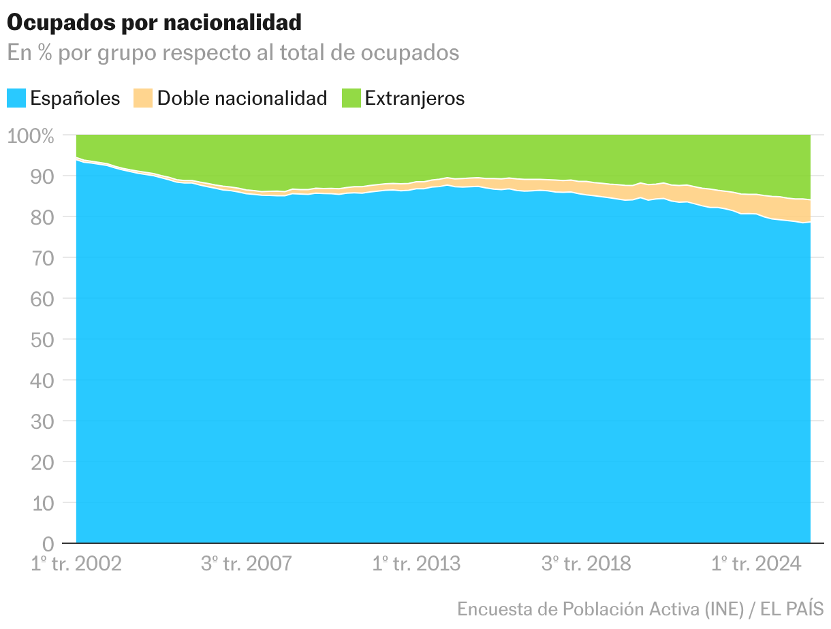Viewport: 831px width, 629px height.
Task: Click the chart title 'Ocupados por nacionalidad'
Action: click(154, 22)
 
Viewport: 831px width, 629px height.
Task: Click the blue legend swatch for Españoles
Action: click(16, 98)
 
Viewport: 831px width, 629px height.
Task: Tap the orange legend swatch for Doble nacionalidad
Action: click(142, 98)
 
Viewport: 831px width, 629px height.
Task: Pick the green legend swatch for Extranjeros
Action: click(350, 98)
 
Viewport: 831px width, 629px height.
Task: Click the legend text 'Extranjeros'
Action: click(414, 98)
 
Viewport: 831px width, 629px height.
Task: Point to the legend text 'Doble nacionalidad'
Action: click(242, 98)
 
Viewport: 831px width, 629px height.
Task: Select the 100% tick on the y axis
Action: click(30, 135)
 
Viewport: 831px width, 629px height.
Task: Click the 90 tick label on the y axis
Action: click(42, 176)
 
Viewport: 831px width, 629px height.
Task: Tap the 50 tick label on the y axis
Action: click(42, 340)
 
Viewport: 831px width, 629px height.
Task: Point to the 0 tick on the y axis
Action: click(48, 544)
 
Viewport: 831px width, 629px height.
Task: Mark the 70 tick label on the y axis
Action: click(42, 258)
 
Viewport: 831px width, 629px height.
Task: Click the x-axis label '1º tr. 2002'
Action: click(77, 564)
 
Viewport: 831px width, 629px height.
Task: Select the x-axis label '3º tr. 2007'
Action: click(247, 564)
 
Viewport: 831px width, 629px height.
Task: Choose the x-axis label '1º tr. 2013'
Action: click(416, 564)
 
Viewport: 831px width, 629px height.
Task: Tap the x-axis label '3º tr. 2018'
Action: click(586, 564)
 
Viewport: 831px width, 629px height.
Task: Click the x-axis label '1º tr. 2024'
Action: click(755, 564)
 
